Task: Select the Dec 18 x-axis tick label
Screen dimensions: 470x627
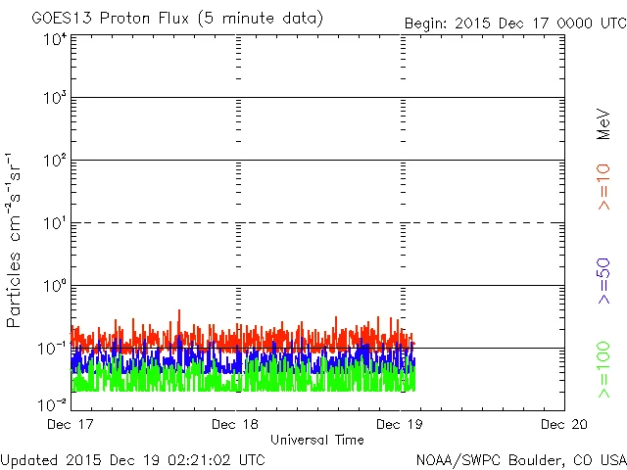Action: click(x=236, y=425)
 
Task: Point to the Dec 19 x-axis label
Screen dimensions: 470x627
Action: click(x=400, y=425)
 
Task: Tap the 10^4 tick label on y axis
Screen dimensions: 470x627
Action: click(x=55, y=39)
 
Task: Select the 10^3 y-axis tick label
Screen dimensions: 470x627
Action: click(x=55, y=98)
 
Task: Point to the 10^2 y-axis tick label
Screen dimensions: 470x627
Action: click(x=55, y=160)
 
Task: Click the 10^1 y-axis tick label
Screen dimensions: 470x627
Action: click(x=55, y=222)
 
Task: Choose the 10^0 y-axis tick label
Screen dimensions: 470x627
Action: click(x=55, y=285)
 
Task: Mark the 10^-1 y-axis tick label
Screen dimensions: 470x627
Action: click(x=53, y=348)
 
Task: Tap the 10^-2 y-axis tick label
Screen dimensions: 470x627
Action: click(x=53, y=403)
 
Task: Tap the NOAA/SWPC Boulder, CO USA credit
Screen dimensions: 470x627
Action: click(x=518, y=458)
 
